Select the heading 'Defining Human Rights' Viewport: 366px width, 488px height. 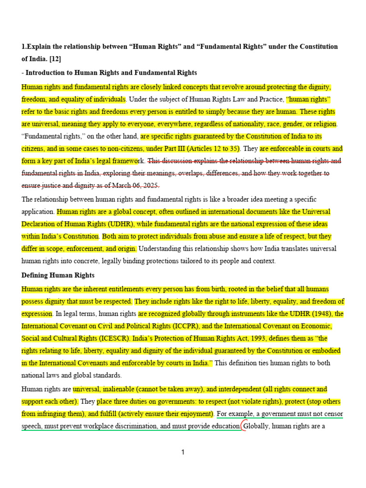coord(58,275)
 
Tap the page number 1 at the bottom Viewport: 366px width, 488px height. coord(183,453)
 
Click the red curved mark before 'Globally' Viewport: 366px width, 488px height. coord(243,426)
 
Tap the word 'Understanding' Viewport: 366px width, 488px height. coord(161,249)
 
